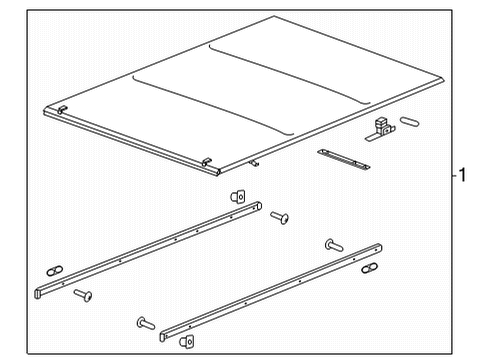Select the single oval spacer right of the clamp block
pos(409,122)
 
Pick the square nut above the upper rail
pos(240,196)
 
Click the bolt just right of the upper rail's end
pos(279,216)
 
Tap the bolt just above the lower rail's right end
pos(333,244)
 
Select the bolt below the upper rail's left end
pos(83,295)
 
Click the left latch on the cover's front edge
pos(62,109)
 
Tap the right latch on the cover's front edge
pos(207,162)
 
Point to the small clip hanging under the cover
pos(256,163)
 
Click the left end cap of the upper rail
pos(40,292)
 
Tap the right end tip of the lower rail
pos(381,243)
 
